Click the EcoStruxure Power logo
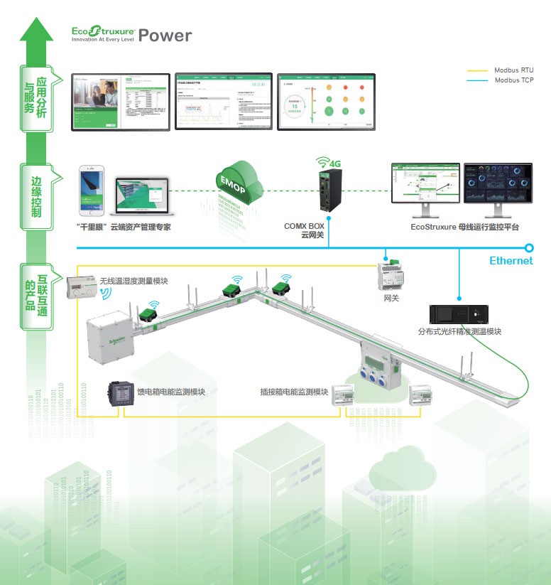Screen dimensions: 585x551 tap(131, 34)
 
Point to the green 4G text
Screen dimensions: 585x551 tap(334, 163)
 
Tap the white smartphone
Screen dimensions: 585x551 tap(91, 192)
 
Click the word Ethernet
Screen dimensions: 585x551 tap(511, 261)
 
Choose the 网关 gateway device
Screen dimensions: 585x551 tap(391, 278)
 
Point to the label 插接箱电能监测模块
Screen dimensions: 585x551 tap(294, 392)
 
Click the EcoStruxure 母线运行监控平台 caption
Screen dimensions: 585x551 tap(464, 227)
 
